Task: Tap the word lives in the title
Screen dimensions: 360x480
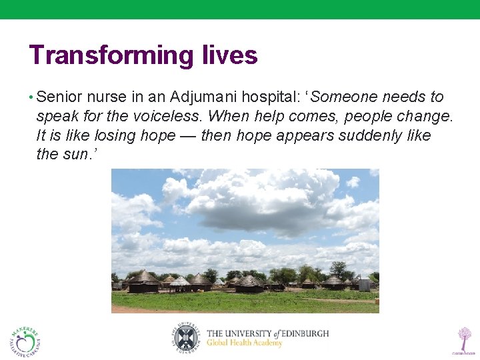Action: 229,55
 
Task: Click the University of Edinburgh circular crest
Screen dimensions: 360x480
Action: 184,337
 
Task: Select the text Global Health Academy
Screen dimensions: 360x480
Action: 244,343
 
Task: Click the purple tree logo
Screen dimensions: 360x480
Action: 463,339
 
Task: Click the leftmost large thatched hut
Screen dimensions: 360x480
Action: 143,281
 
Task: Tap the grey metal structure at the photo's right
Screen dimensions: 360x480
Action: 364,284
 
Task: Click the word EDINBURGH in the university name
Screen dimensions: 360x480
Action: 301,333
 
